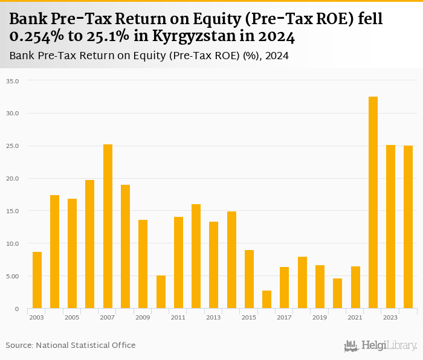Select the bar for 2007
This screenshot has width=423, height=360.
coord(108,227)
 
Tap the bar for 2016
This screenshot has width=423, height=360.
coord(266,300)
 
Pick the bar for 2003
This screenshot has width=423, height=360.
coord(37,280)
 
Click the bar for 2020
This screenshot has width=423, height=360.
coord(337,294)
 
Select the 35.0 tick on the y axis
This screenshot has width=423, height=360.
coord(13,80)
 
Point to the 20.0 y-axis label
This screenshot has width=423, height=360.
coord(13,178)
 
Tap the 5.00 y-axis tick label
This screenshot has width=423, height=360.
coord(13,276)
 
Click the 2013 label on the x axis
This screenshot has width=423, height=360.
coord(213,317)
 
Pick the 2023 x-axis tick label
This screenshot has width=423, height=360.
coord(390,317)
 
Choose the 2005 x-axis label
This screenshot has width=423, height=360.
coord(72,317)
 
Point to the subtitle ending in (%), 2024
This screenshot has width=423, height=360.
coord(149,56)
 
